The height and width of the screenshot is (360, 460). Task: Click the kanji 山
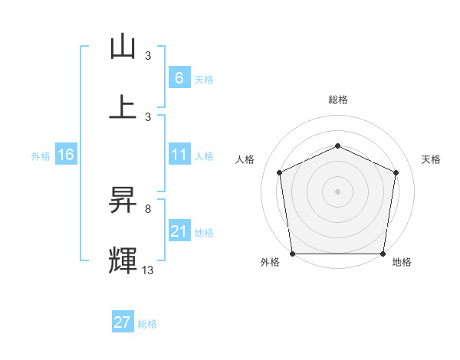[x=123, y=47]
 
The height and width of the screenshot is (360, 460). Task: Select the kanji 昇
[x=123, y=200]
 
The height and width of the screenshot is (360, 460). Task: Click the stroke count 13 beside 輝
[x=148, y=270]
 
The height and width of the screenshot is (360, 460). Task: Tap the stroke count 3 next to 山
[x=148, y=56]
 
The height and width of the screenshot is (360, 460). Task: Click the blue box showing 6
[x=179, y=78]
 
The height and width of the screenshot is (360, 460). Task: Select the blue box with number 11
[x=179, y=155]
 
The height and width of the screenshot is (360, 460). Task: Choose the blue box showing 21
[x=179, y=231]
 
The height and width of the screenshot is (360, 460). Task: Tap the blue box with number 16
[x=66, y=155]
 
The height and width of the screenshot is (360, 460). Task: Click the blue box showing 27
[x=123, y=322]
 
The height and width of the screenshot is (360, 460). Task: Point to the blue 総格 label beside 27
[x=147, y=324]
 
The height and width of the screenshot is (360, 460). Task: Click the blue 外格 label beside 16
[x=41, y=156]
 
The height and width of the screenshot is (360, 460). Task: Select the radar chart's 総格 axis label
[x=338, y=100]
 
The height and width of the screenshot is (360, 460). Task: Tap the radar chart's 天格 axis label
[x=432, y=159]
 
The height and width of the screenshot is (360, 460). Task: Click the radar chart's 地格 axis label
[x=402, y=262]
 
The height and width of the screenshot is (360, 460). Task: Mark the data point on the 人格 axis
[x=280, y=172]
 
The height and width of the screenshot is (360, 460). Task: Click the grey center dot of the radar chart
[x=337, y=191]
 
